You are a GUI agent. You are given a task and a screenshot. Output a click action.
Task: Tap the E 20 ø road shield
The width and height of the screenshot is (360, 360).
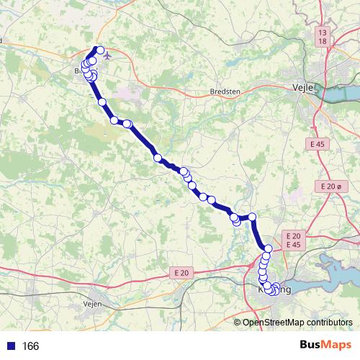pos(328,186)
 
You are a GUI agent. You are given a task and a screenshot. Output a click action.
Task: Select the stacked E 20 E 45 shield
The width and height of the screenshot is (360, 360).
pos(292,240)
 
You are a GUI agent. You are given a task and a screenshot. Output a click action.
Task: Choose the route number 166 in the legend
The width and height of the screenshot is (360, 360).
pos(30,346)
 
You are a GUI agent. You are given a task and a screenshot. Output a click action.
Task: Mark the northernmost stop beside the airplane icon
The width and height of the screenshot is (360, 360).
pos(99,50)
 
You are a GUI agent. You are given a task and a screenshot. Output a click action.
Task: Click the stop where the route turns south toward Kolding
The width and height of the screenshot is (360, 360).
pos(253,217)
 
